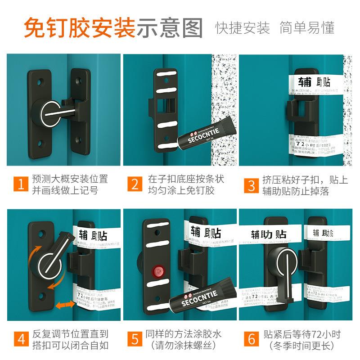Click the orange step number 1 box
pos(19,184)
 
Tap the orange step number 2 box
pos(135,184)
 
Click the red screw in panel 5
pos(157,271)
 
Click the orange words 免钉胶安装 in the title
pos(79,28)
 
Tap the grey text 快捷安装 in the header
pos(243,28)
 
